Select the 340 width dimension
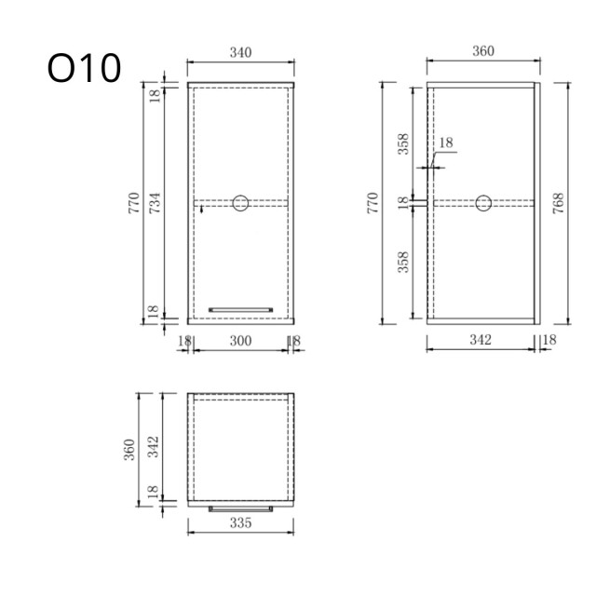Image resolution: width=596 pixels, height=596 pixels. (240, 52)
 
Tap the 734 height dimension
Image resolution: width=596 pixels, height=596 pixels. (156, 202)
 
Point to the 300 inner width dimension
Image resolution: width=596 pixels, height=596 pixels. (240, 342)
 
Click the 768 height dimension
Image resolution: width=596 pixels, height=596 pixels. (557, 202)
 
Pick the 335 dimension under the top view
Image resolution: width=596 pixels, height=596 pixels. (240, 523)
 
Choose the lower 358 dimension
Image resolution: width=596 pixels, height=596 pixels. (404, 263)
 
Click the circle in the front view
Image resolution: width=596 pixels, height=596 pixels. (240, 202)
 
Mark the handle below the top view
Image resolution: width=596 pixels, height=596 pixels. (240, 508)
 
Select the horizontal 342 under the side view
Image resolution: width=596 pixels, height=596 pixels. (480, 342)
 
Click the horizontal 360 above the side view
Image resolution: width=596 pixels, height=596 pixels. (482, 52)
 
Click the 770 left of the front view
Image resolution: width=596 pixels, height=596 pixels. (134, 202)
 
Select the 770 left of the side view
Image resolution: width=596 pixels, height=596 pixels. (372, 202)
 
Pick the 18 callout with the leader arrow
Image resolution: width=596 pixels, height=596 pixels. (445, 142)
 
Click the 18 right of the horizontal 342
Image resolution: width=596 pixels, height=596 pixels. (549, 340)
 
